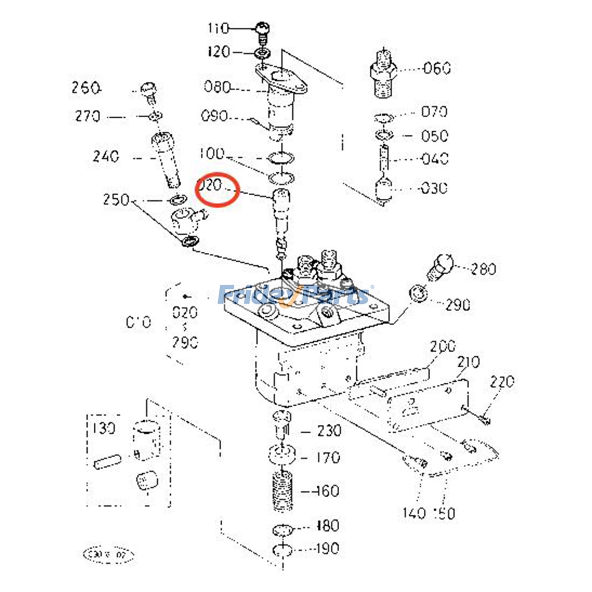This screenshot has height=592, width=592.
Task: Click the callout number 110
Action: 218,28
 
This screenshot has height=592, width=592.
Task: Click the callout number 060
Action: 437,68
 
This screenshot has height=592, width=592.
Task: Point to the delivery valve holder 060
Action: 383,76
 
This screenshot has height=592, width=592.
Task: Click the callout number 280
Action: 483,269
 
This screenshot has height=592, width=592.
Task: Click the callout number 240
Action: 106,157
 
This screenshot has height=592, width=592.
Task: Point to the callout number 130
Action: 104,428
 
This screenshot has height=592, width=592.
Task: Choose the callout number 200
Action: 443,347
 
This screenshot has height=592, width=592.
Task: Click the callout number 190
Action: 327,548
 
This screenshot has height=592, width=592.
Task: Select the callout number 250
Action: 116,200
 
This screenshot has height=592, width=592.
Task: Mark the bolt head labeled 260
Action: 148,90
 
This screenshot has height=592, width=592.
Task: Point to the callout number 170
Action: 327,458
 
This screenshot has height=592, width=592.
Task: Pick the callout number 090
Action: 214,116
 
